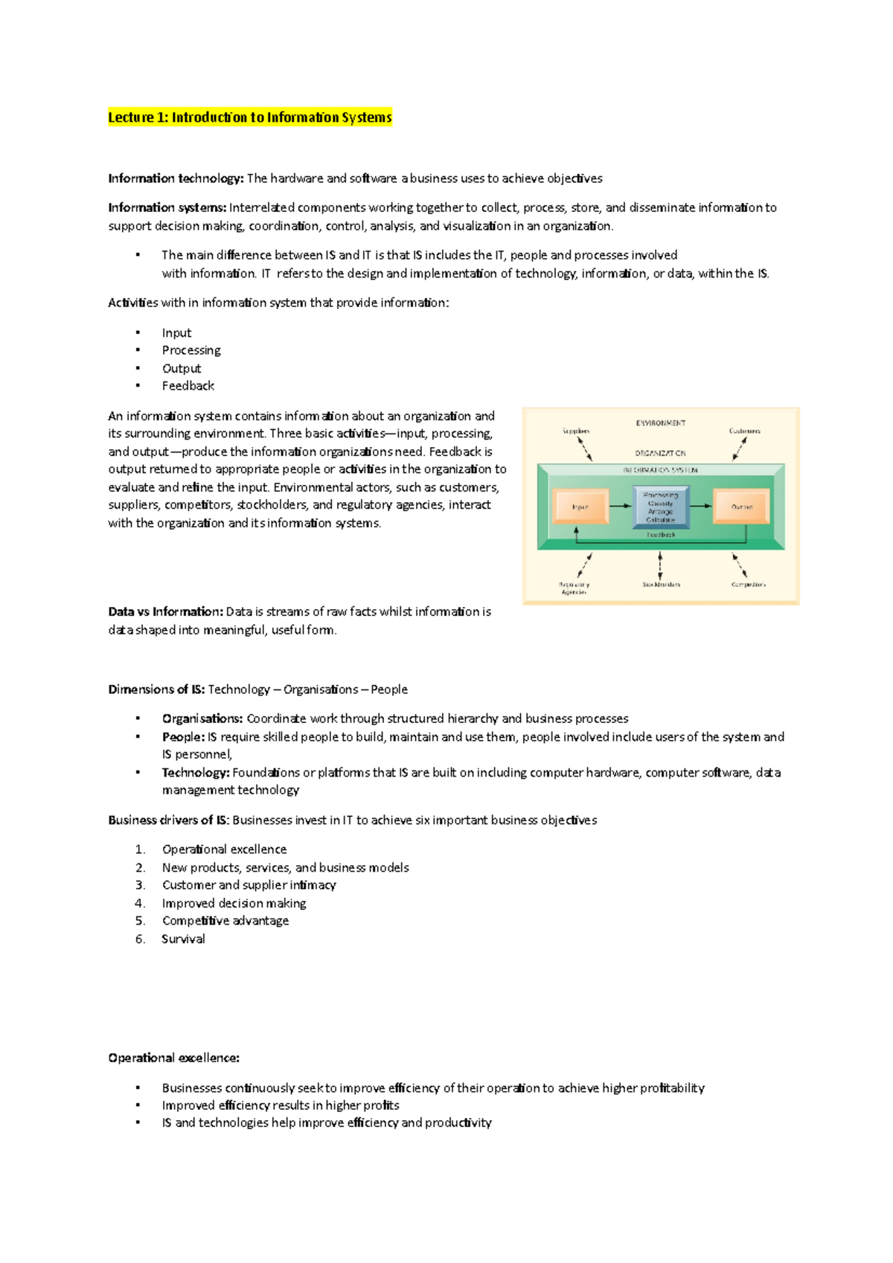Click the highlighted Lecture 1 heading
(249, 118)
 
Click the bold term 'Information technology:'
(176, 179)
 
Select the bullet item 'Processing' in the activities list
(191, 350)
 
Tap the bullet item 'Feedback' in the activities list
(188, 386)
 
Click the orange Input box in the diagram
(580, 507)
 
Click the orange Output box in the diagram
(741, 507)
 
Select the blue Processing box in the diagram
(660, 507)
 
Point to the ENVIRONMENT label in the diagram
(660, 423)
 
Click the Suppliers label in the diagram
(576, 431)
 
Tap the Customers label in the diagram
(744, 431)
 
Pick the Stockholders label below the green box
(661, 585)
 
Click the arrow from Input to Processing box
(620, 507)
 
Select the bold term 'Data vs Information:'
(165, 612)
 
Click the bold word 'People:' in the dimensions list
(183, 737)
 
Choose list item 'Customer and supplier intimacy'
(249, 885)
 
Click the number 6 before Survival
(140, 939)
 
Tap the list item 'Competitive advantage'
(225, 921)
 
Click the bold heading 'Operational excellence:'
(173, 1058)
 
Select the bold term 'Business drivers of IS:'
(168, 820)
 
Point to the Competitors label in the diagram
(748, 585)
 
